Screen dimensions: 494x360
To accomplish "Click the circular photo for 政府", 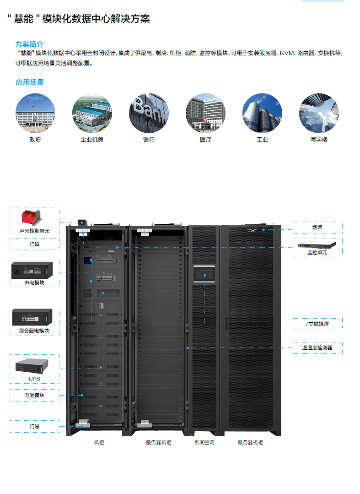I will pos(35,114).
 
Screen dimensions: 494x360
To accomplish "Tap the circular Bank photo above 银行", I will pos(149,114).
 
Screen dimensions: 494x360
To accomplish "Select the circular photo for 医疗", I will pos(205,114).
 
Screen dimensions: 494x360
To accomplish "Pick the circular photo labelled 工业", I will pos(262,114).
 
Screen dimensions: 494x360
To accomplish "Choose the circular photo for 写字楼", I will pos(319,114).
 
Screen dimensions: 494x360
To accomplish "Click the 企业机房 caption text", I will pos(92,140).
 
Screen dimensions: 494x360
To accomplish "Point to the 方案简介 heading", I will pos(30,44).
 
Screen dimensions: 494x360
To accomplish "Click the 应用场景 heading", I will pos(30,82).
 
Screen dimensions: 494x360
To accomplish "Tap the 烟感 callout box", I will pos(317,227).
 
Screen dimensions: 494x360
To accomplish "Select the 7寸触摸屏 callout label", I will pos(317,324).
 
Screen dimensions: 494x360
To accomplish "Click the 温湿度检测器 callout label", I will pos(317,348).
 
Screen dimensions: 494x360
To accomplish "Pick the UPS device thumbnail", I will pos(34,366).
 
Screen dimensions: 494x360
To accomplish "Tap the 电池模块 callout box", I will pos(34,395).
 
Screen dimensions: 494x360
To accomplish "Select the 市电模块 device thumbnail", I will pos(34,271).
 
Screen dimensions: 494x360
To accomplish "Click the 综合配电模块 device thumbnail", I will pos(34,317).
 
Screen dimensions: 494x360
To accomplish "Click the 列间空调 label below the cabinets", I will pos(204,443).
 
